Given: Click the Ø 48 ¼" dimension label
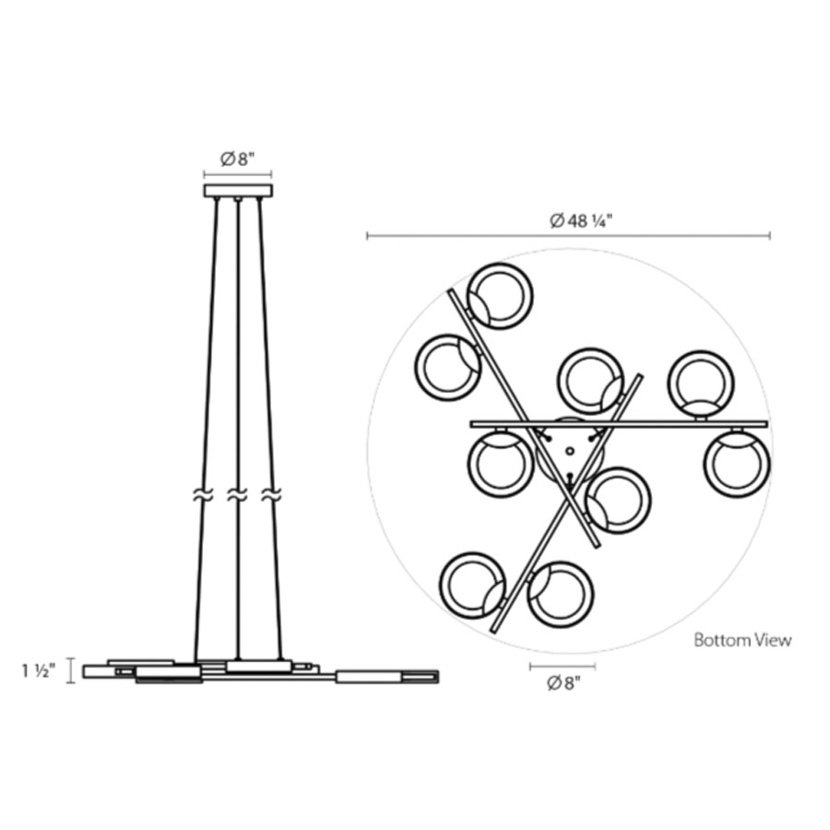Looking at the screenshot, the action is coord(581,220).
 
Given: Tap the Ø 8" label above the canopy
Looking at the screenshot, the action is coord(238,159).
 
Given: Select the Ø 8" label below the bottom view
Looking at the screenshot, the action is coord(563,683).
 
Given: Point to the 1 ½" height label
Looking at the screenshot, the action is coord(38,671).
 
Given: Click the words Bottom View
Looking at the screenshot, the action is coord(742,640).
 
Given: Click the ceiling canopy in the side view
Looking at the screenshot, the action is coord(238,191).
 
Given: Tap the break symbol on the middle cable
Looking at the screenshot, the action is coord(237,495).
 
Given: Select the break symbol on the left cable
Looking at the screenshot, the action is coord(203,495).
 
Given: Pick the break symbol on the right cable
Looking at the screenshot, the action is coord(271,495).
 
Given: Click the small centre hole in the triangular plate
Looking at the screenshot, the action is coord(570,452).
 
